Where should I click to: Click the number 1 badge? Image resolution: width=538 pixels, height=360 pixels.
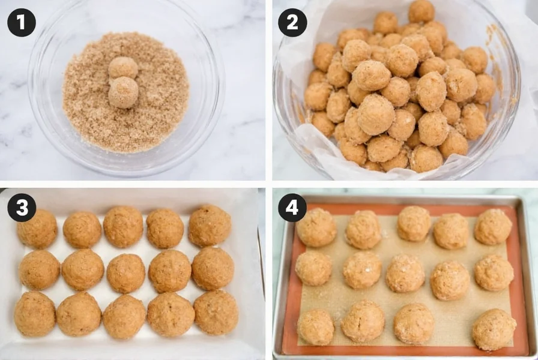[22, 22]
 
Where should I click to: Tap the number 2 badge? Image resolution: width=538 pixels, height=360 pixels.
[292, 22]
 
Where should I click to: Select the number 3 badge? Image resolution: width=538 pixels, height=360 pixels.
[22, 207]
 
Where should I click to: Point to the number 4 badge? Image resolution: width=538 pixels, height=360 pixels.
[292, 207]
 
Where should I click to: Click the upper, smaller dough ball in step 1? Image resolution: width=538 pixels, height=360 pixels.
[123, 67]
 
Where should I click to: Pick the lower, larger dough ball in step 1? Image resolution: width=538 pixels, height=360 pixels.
[124, 92]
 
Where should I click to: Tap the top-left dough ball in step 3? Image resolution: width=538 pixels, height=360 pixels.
[37, 229]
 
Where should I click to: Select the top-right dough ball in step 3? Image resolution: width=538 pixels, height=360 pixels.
[210, 226]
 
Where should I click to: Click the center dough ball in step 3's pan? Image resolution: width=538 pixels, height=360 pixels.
[126, 273]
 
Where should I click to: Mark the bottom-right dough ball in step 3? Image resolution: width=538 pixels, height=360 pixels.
[216, 313]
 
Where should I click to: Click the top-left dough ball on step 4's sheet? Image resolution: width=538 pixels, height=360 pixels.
[316, 227]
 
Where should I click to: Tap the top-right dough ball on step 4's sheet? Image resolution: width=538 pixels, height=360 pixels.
[493, 226]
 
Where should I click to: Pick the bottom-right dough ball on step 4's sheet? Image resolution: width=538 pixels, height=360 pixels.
[494, 329]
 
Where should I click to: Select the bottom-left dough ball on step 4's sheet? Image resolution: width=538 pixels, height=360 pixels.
[316, 327]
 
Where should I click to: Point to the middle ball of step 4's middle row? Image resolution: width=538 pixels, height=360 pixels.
[405, 273]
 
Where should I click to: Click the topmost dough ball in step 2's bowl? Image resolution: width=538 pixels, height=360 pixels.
[422, 11]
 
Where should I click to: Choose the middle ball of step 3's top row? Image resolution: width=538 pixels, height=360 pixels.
[123, 226]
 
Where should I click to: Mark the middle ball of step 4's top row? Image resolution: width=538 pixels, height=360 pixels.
[414, 223]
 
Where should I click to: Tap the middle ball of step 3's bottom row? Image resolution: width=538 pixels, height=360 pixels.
[124, 316]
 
